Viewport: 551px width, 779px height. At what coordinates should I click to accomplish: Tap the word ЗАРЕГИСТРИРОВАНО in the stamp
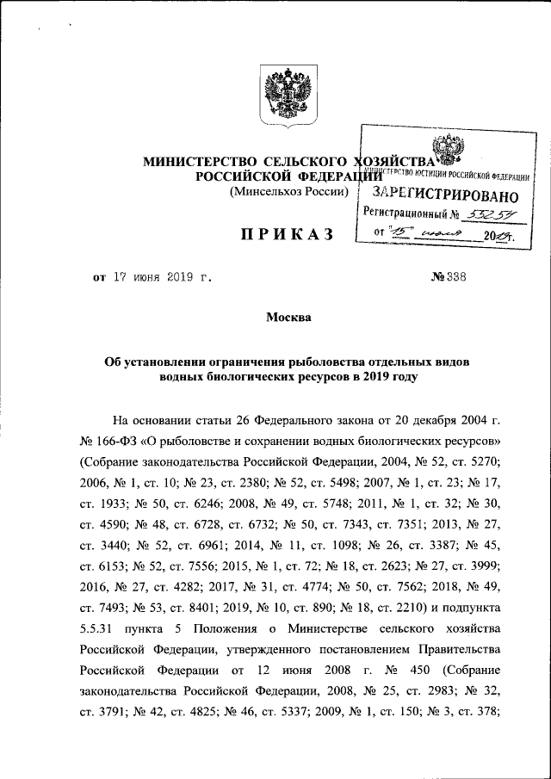(x=438, y=190)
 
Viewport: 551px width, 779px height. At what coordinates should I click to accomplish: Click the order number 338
(x=453, y=279)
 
